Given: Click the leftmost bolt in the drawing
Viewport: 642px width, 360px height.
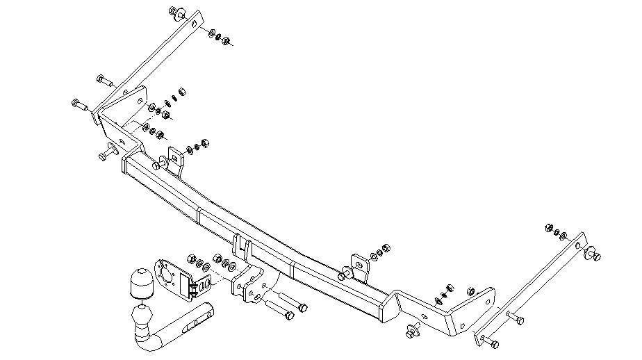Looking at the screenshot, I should click(77, 105).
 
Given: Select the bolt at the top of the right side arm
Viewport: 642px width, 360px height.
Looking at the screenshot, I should click(594, 254).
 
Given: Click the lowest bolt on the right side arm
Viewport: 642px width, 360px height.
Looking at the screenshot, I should click(489, 342).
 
